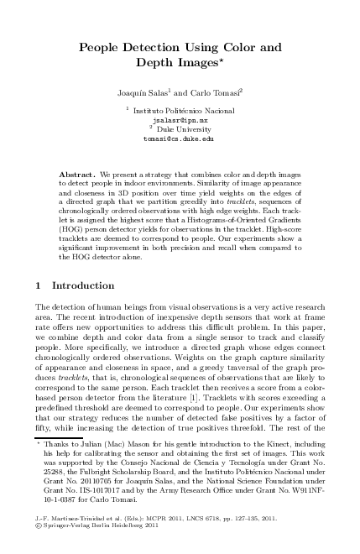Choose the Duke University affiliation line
tap(181, 129)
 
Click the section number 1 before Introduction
tap(39, 285)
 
